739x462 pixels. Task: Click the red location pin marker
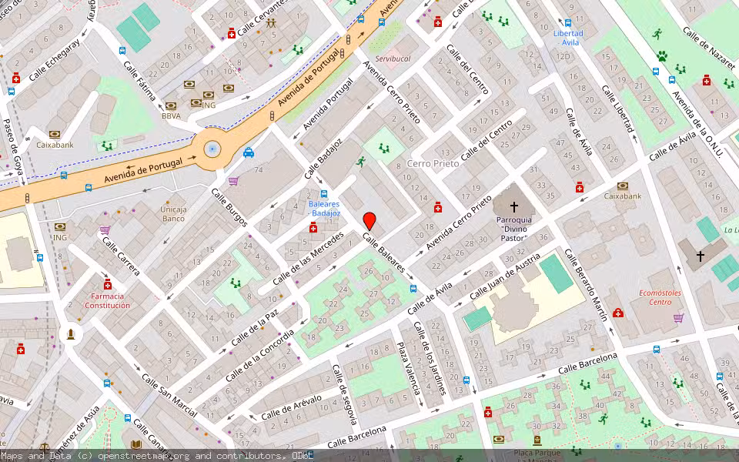[369, 220]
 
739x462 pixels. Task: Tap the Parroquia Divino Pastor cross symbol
[513, 207]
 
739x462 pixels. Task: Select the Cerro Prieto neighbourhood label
[433, 164]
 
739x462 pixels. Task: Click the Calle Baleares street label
[383, 253]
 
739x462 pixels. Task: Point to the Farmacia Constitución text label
[107, 300]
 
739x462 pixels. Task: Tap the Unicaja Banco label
[173, 213]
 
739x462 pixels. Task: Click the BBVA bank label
[171, 116]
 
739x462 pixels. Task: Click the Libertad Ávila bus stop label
[568, 38]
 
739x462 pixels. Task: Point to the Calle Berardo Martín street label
[587, 284]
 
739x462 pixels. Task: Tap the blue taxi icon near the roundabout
[249, 152]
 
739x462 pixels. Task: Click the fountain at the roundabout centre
[212, 149]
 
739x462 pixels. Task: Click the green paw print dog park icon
[661, 56]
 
